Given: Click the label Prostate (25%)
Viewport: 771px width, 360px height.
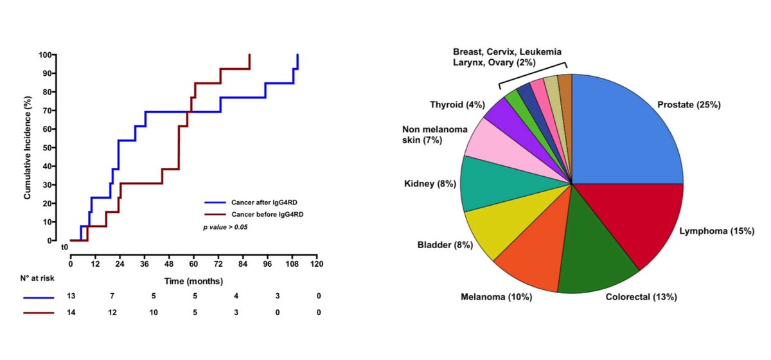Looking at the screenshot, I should click(x=689, y=105).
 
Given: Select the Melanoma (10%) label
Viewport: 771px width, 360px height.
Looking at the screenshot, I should click(x=497, y=296).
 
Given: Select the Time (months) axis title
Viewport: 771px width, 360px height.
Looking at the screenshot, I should click(x=192, y=281).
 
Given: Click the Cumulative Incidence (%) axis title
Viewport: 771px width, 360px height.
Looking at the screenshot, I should click(x=28, y=148).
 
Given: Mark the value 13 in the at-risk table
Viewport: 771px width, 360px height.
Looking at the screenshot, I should click(x=71, y=296).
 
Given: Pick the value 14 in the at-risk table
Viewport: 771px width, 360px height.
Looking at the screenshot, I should click(x=71, y=312).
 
